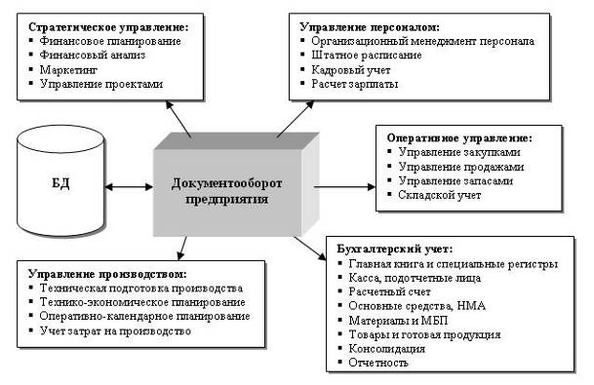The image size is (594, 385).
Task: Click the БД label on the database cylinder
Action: tap(60, 183)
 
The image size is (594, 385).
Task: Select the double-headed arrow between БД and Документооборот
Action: tap(129, 186)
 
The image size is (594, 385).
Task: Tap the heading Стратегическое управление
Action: tap(108, 27)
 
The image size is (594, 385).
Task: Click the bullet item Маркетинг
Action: tap(68, 69)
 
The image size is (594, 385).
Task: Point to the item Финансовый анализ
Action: tap(93, 56)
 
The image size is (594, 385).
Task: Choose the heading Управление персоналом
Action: tap(370, 27)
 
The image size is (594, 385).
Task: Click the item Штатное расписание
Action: tap(367, 56)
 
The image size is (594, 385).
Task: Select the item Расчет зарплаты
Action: tap(355, 84)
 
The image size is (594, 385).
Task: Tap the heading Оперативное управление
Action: tap(459, 138)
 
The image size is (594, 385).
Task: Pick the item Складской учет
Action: tap(440, 195)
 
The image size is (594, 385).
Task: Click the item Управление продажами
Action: tap(461, 167)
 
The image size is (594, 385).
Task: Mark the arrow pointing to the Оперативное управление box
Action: tap(344, 186)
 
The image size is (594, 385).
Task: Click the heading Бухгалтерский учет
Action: tap(395, 250)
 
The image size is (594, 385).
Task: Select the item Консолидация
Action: tap(387, 349)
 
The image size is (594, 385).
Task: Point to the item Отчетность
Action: tap(378, 363)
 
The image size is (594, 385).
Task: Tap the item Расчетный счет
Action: tap(389, 291)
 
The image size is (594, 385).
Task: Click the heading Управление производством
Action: tap(107, 274)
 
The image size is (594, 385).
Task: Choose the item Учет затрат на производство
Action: tap(115, 330)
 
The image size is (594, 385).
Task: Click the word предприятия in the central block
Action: tap(226, 200)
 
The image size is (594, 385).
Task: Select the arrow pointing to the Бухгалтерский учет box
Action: tap(310, 249)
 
